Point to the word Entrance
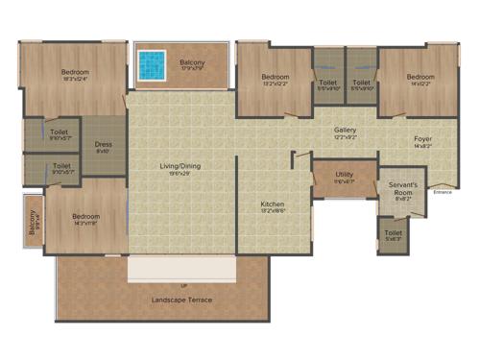[442, 192]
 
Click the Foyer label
[422, 140]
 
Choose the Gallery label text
[346, 130]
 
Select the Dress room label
[104, 146]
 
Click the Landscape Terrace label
[182, 300]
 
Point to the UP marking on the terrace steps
[182, 286]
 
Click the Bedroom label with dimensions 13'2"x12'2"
[276, 77]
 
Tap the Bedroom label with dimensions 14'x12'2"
[419, 77]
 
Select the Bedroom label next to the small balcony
[85, 218]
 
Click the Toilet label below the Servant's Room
[394, 232]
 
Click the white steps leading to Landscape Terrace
[181, 268]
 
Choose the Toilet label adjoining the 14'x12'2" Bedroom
[361, 84]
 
